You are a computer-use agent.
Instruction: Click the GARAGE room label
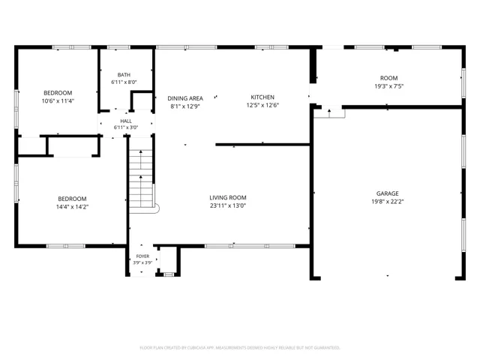387,193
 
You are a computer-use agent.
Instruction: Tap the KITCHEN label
262,97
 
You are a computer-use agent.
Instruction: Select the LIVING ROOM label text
228,198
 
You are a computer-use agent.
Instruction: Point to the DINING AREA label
185,98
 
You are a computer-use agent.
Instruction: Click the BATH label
124,75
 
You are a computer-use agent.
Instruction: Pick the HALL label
126,121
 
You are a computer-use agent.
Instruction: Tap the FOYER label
142,256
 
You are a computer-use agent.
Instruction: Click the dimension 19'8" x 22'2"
387,202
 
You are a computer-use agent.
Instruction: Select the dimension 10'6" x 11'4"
58,101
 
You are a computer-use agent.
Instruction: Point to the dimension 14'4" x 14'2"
72,207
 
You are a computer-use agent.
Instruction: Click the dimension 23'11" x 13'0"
228,205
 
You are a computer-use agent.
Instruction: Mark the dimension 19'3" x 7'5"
388,86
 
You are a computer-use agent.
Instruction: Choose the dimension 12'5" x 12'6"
262,105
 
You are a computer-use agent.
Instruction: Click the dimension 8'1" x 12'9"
185,106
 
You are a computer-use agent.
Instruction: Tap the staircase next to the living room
141,178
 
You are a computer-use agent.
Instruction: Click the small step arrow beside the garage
329,113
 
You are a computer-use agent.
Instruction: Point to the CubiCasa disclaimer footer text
240,348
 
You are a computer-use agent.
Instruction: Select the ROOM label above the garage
388,78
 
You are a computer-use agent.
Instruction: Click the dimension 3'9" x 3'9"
142,262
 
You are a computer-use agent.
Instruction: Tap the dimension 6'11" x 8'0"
124,82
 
